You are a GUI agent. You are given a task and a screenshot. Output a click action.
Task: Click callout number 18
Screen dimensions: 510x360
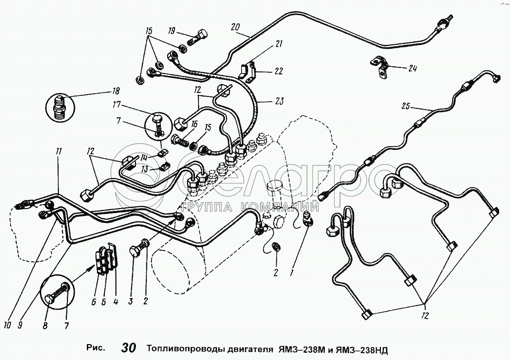click(116, 91)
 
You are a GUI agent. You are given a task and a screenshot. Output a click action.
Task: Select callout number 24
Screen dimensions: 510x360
click(413, 68)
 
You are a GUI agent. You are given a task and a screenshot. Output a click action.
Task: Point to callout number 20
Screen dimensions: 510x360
click(235, 27)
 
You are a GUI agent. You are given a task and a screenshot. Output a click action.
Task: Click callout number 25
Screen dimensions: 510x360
click(406, 106)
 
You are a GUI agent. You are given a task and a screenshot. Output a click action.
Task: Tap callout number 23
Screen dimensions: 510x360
click(279, 101)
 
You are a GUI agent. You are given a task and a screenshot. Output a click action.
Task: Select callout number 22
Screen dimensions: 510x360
click(278, 71)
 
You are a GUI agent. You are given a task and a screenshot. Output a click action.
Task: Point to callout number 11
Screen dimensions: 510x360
click(59, 152)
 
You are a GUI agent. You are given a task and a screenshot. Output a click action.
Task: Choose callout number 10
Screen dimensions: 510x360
click(7, 325)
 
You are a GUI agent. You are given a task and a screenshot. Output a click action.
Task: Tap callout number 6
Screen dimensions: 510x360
click(94, 302)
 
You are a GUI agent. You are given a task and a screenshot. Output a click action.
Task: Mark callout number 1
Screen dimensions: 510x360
click(291, 272)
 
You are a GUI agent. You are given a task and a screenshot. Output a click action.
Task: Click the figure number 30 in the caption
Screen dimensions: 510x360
click(129, 348)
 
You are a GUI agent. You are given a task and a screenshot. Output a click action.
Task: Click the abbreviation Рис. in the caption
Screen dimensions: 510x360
click(96, 348)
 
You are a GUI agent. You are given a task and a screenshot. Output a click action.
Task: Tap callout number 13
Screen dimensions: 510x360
click(145, 169)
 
